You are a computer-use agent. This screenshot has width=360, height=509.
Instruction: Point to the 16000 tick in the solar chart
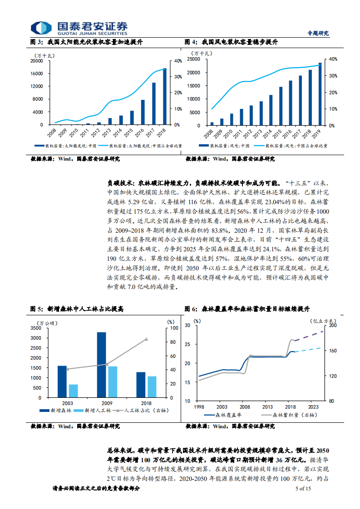coord(37,73)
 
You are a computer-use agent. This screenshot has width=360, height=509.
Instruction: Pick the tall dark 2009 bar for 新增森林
coord(101,365)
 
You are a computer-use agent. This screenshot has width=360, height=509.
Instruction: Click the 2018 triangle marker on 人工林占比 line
coord(146,339)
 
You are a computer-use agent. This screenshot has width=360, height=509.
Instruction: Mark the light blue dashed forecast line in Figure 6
coord(309,350)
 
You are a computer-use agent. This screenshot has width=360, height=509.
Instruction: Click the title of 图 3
coord(87,42)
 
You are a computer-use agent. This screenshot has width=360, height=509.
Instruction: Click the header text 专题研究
coord(318,33)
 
